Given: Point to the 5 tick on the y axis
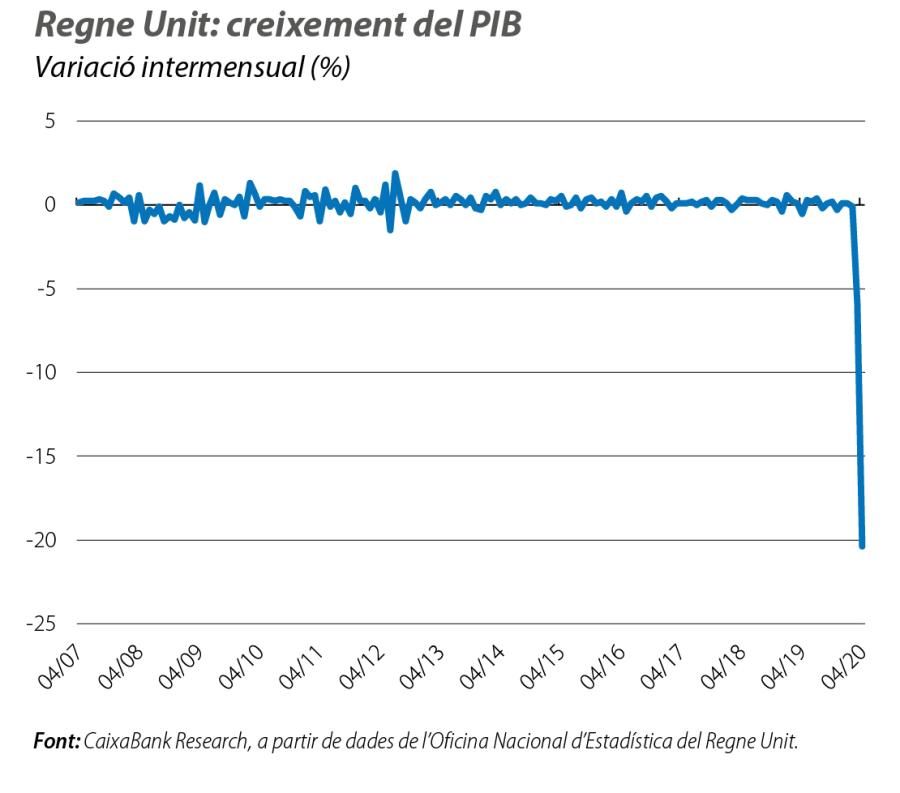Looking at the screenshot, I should coord(48,121).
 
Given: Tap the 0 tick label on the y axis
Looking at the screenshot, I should coord(48,205).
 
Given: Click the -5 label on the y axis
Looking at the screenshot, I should coord(43,289).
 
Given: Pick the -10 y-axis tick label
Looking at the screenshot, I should coord(39,372).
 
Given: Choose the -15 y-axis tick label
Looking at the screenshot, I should coord(39,456).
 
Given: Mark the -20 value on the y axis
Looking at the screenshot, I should coord(39,540).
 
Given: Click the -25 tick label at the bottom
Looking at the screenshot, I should coord(39,624).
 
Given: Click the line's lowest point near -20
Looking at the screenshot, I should coord(862,545).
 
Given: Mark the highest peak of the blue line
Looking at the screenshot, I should coord(395,173).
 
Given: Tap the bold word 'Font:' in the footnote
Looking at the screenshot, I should coord(57,742).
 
